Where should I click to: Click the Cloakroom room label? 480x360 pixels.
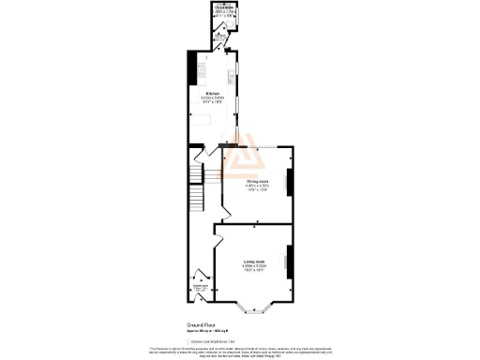(x=223, y=7)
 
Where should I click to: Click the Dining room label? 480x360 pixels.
(x=257, y=181)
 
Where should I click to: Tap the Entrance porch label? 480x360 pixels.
(x=200, y=286)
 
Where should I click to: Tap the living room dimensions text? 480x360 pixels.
(x=253, y=268)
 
